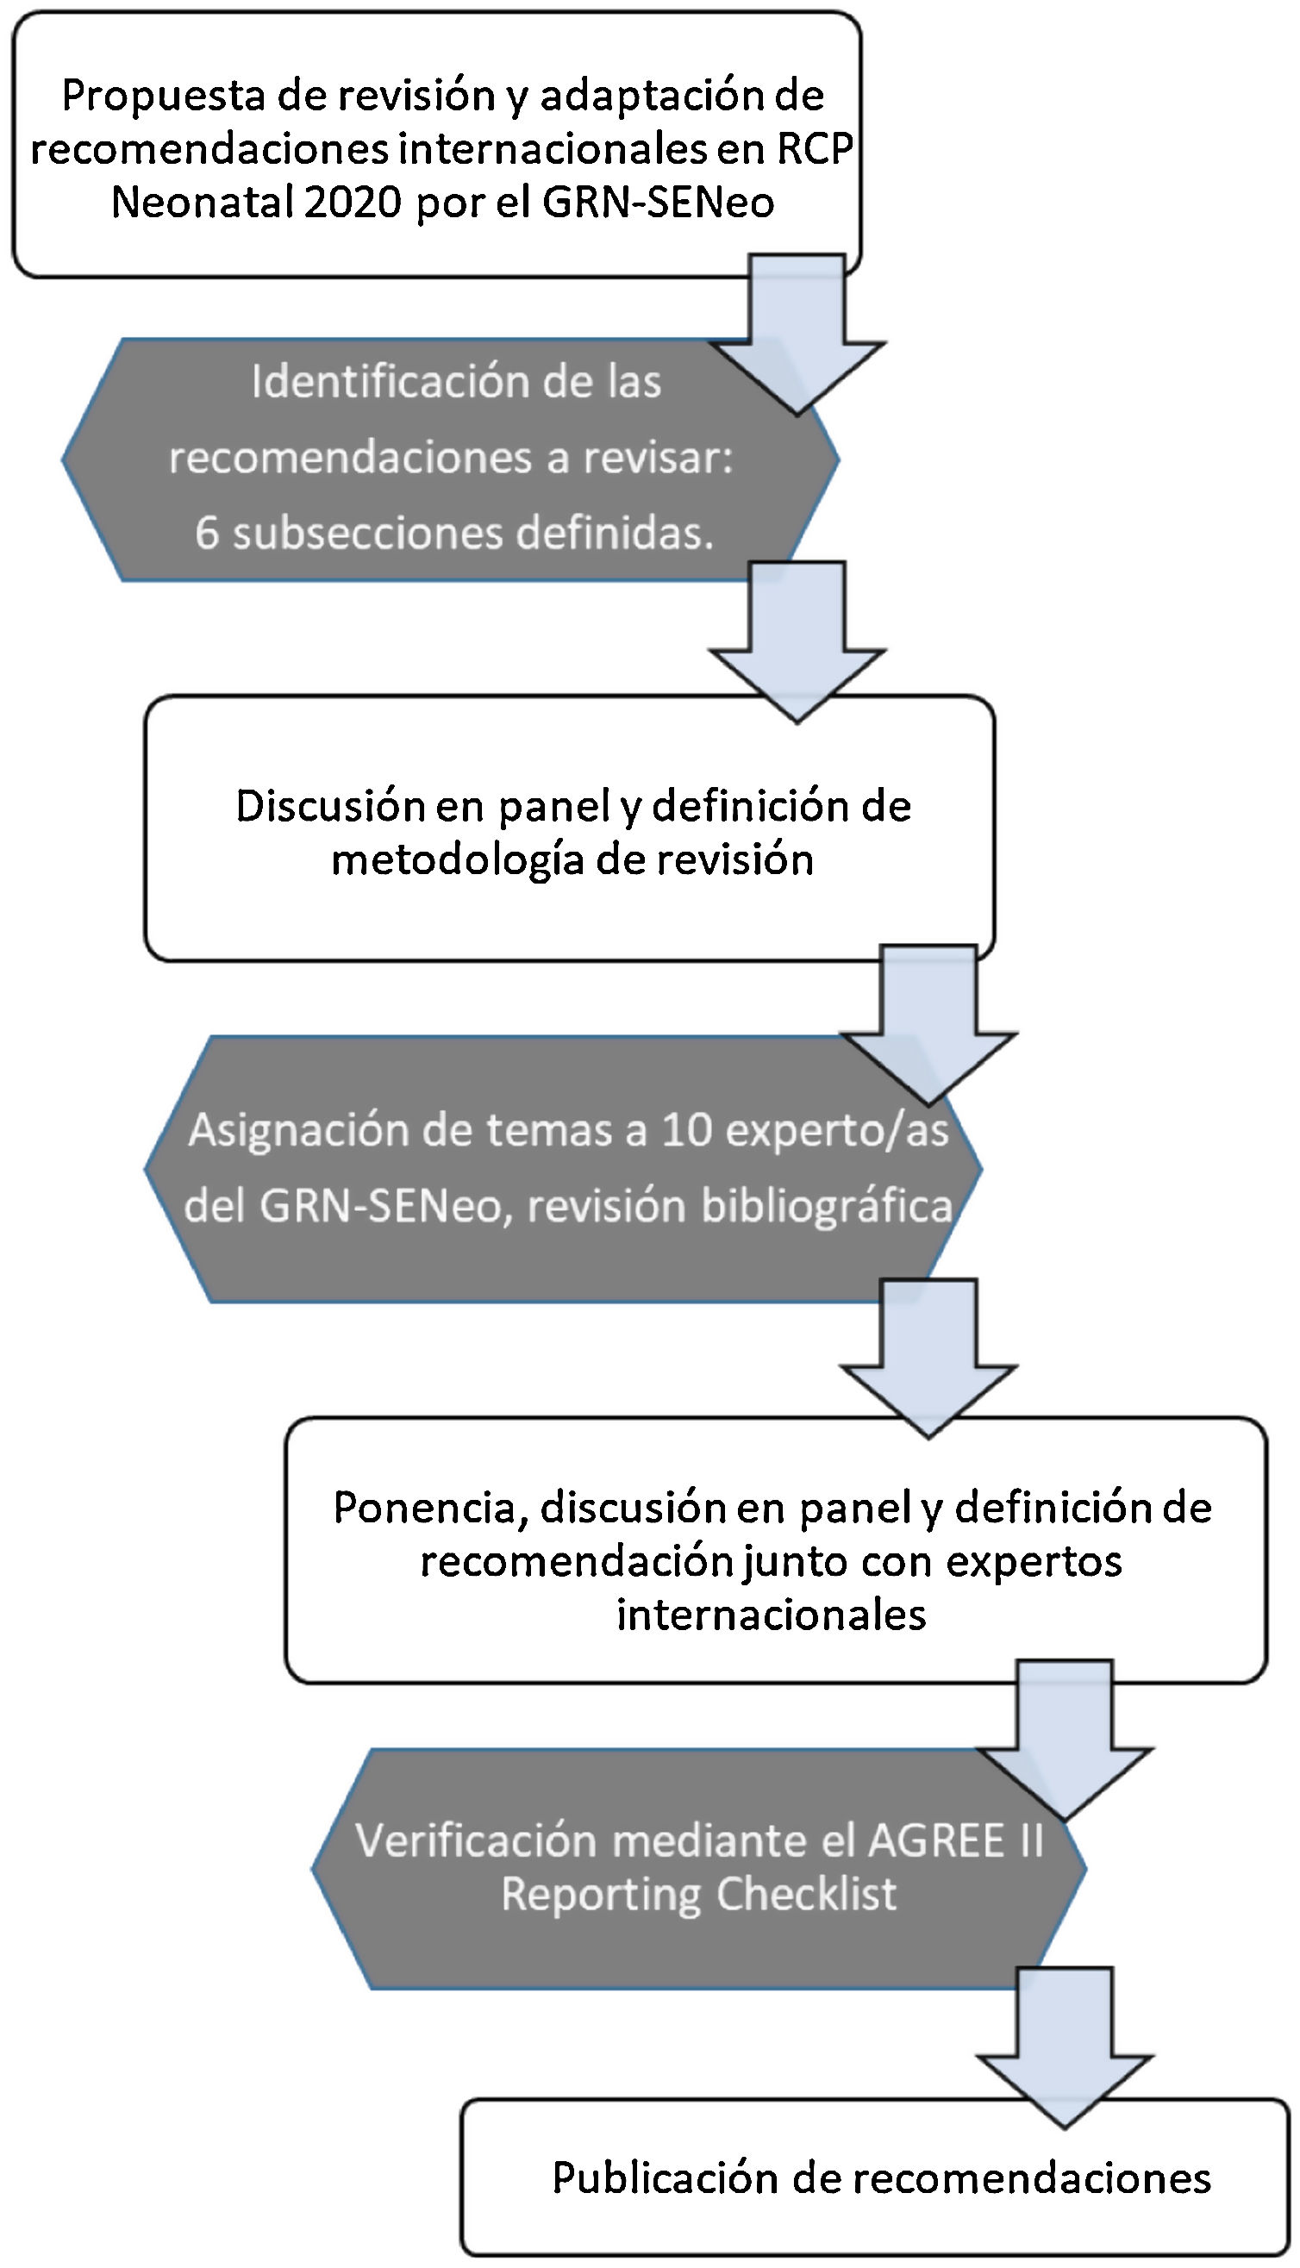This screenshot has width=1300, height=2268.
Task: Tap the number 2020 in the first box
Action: [x=353, y=203]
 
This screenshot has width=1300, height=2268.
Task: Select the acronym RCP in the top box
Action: [x=816, y=149]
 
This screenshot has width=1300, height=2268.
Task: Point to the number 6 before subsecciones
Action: [x=206, y=533]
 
